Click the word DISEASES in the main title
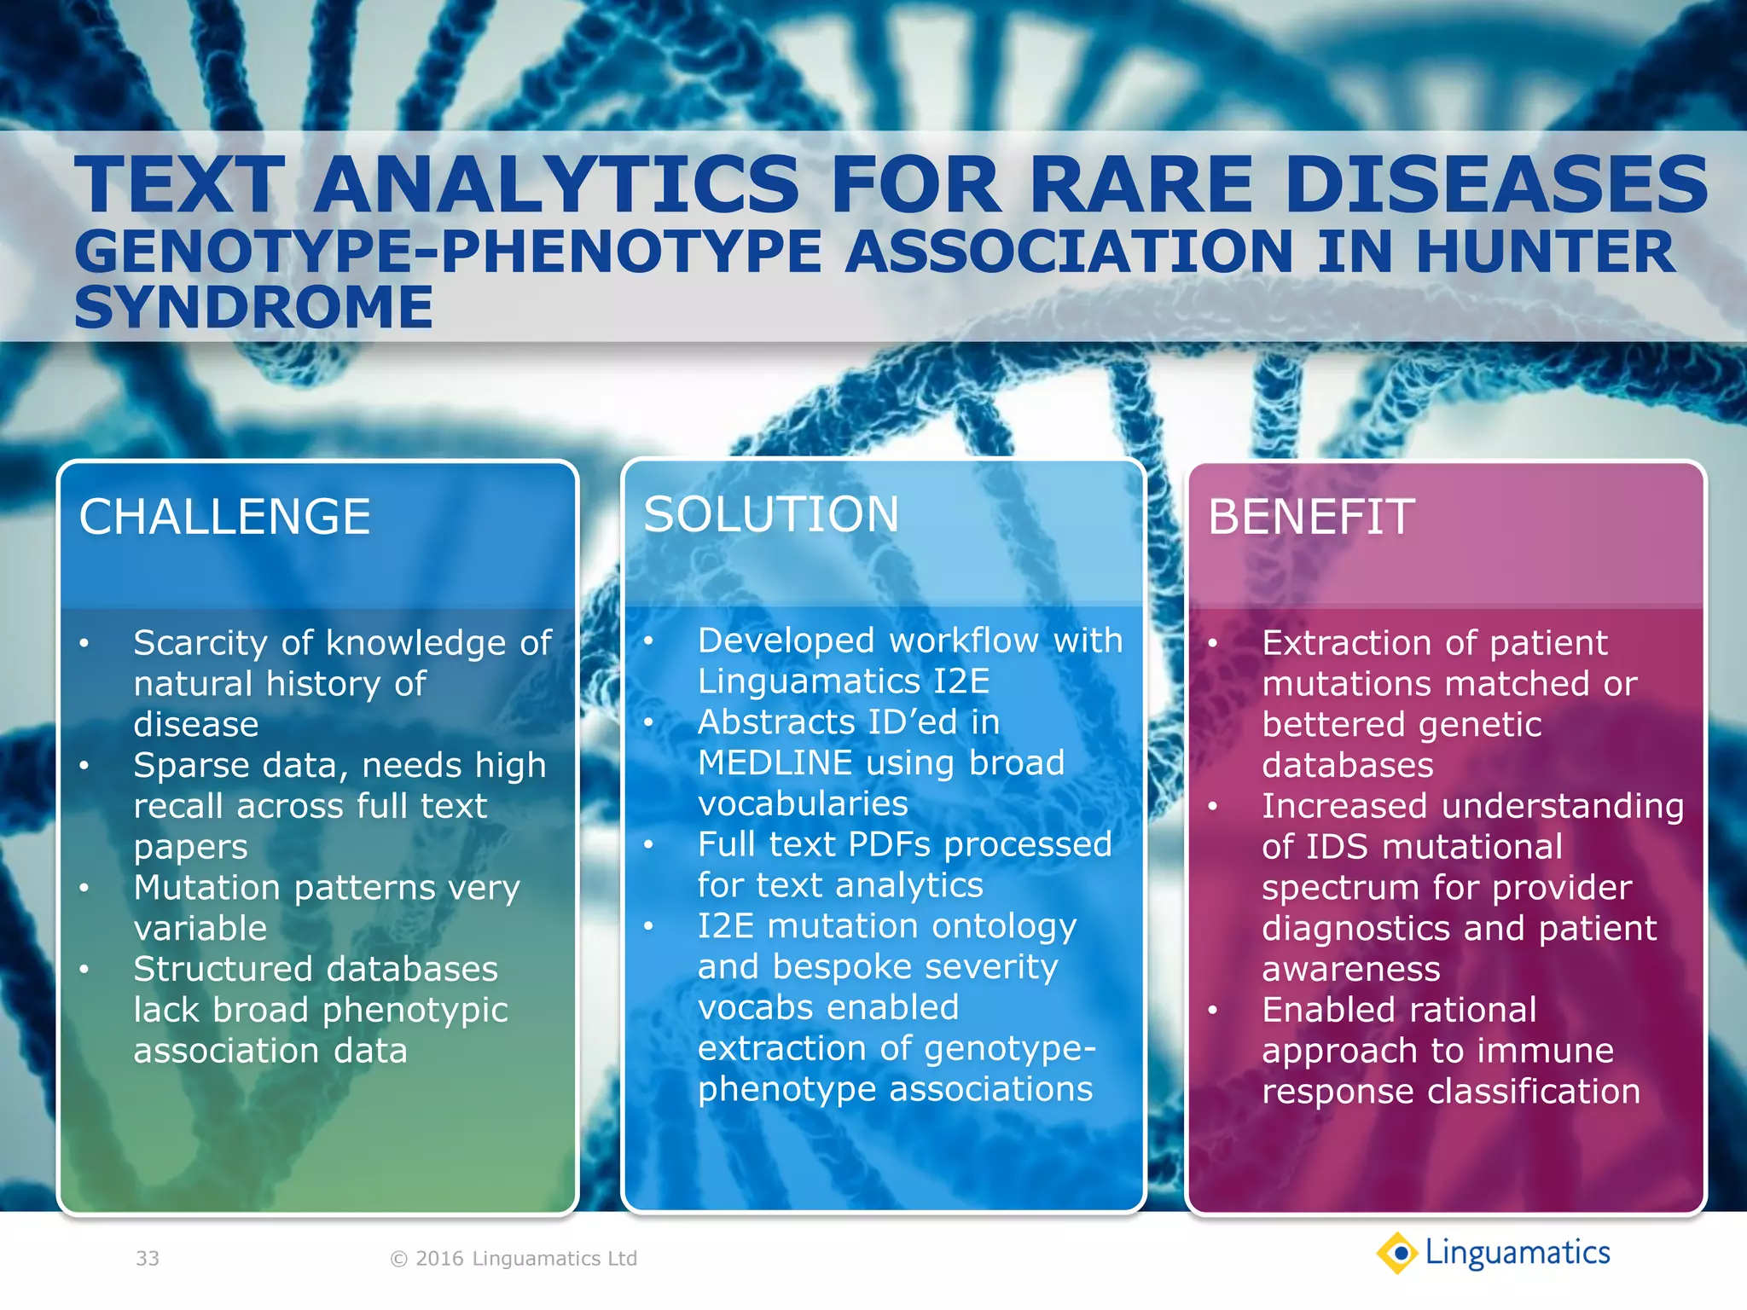[1495, 184]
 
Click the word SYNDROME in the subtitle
[253, 307]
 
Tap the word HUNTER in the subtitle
[1545, 252]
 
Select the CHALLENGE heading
[224, 517]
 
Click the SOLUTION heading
[771, 514]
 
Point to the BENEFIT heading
[1311, 517]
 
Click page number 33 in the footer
[148, 1258]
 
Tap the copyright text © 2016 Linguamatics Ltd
[513, 1258]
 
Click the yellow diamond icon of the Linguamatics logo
[1398, 1253]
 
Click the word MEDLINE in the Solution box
[775, 762]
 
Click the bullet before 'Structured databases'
[84, 970]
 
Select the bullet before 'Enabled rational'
[1212, 1011]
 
